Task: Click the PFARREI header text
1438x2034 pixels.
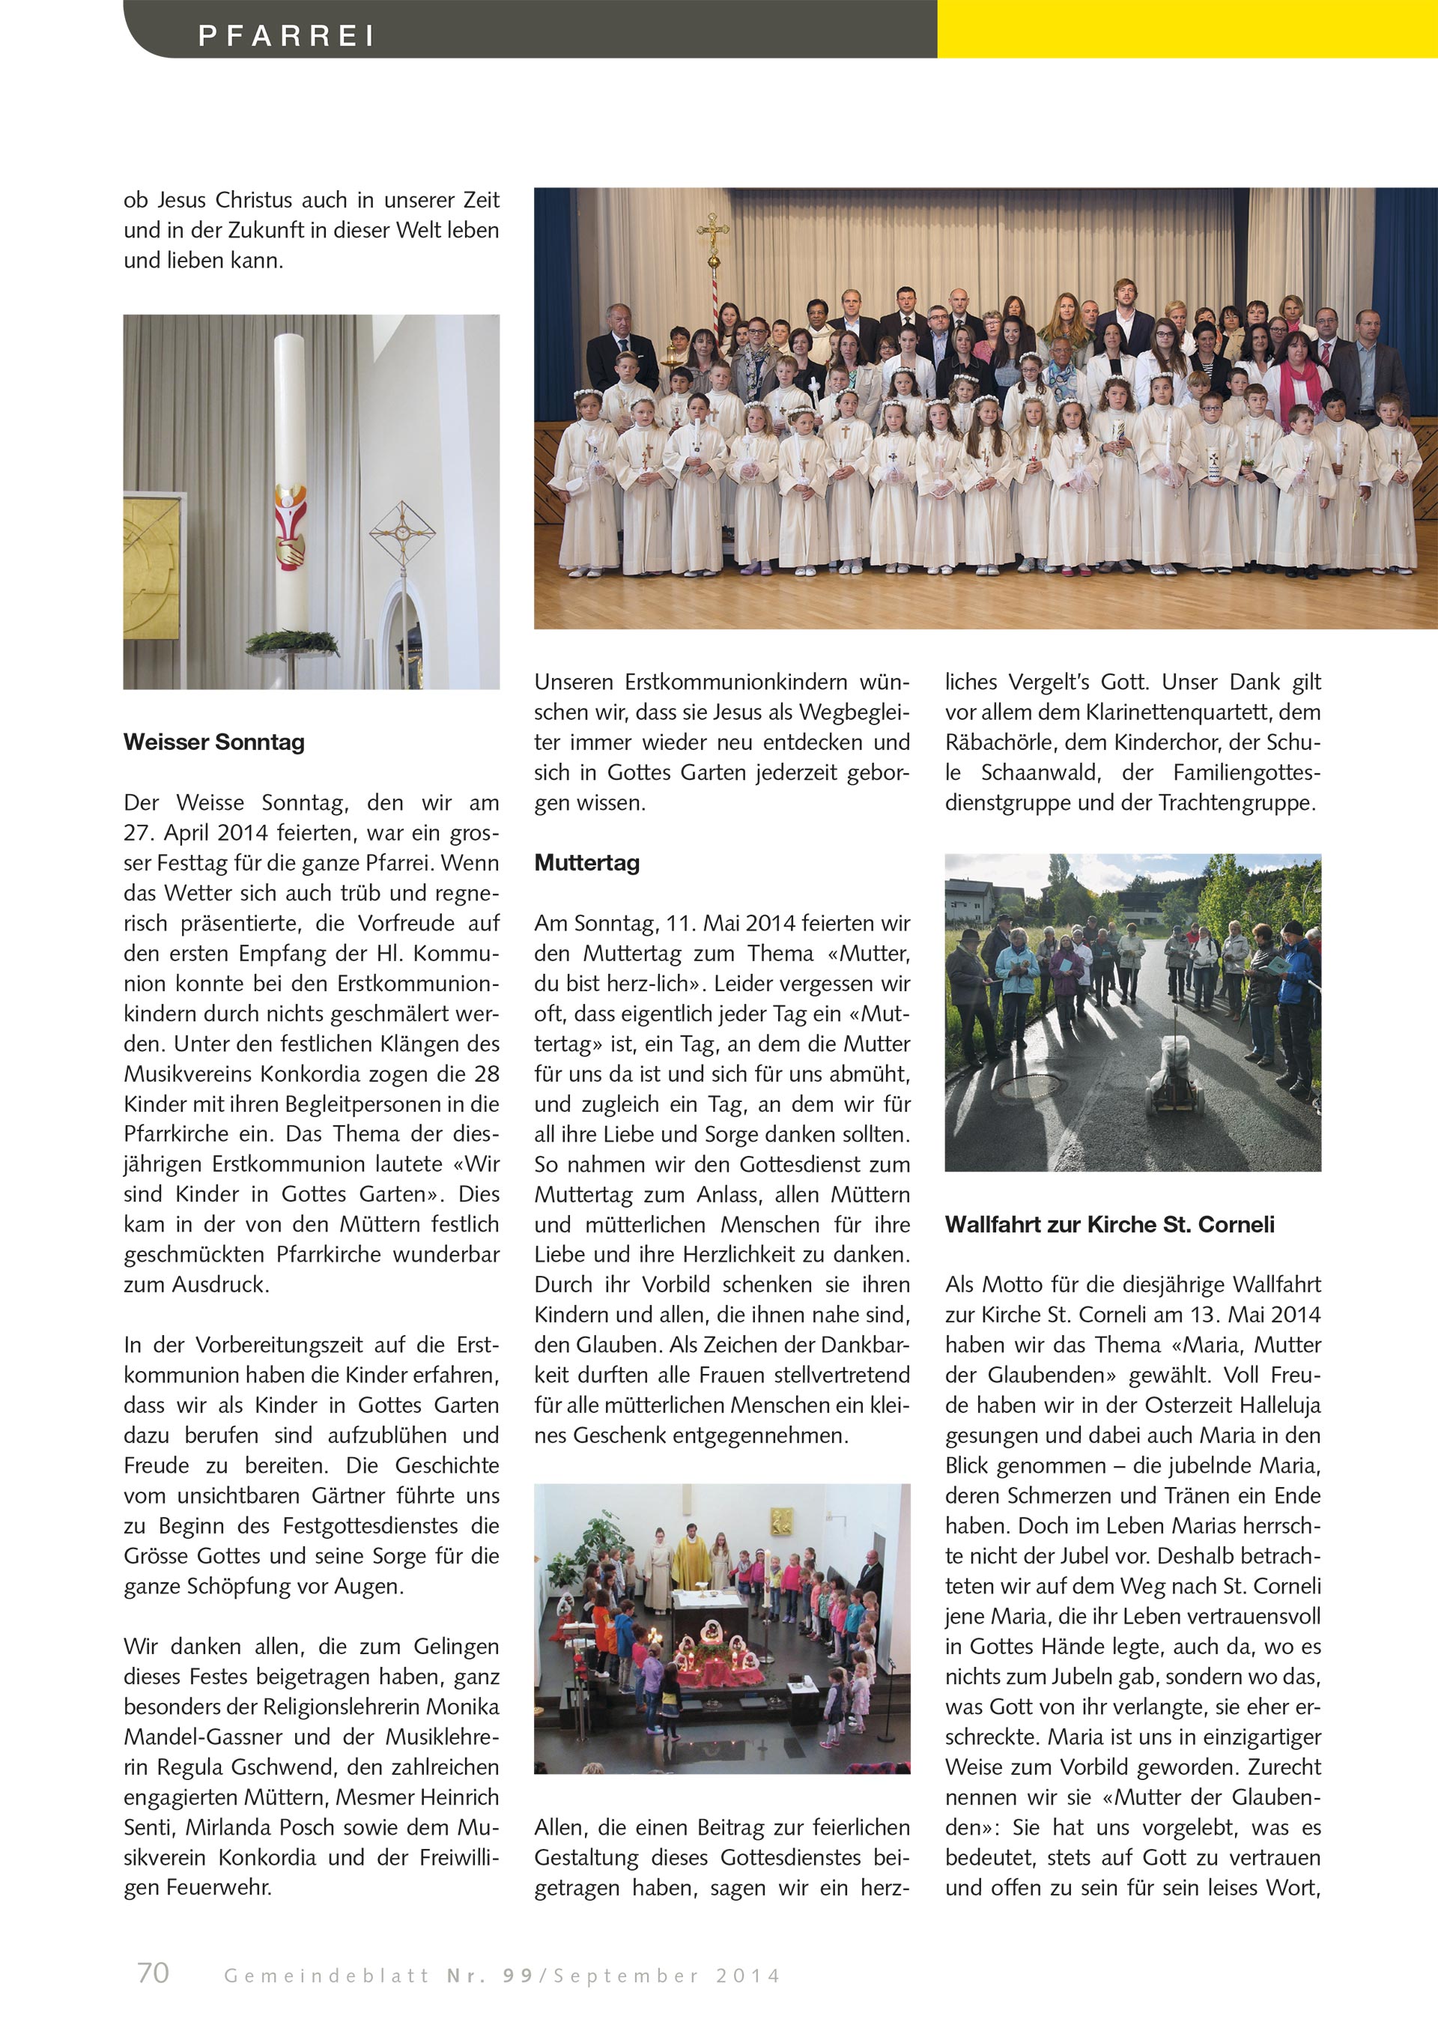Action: pos(286,35)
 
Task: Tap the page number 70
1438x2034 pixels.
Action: pos(154,1972)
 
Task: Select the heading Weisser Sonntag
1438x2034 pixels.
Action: pos(214,742)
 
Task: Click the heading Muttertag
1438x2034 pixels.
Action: pos(587,863)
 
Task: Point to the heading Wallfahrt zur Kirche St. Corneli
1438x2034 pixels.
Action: pos(1109,1224)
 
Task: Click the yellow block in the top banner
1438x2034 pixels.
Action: pos(1186,28)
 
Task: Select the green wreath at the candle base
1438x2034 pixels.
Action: pos(291,641)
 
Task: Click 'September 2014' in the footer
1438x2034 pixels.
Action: pos(667,1976)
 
